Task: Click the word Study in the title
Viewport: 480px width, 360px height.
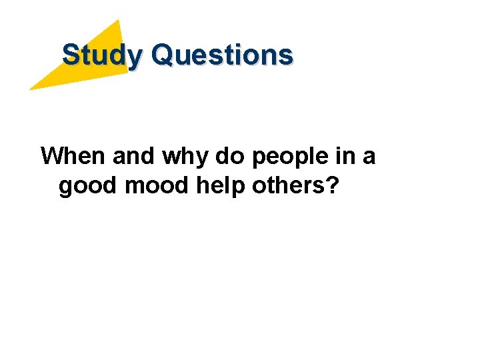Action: click(102, 55)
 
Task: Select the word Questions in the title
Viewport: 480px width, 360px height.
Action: click(222, 55)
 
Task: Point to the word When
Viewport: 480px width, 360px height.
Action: click(73, 157)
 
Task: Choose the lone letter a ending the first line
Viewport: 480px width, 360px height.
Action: click(369, 158)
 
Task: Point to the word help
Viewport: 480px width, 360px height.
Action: click(222, 187)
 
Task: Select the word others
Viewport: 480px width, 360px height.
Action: click(288, 187)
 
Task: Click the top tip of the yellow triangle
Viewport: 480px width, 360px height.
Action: click(119, 21)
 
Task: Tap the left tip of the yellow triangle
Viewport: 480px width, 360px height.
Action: click(31, 89)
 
